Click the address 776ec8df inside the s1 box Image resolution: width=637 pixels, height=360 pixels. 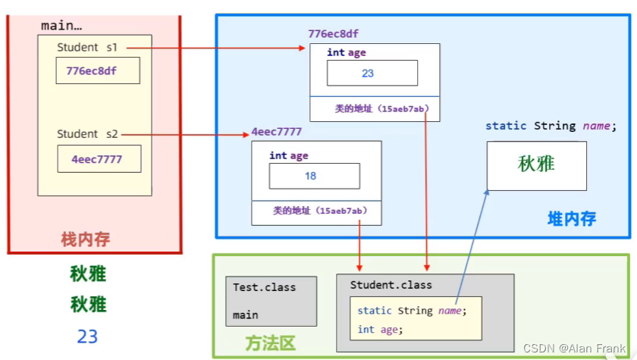click(92, 71)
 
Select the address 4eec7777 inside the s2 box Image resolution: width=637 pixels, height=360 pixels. click(96, 159)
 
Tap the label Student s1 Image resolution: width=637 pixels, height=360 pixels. click(87, 47)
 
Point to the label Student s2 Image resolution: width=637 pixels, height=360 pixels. click(87, 134)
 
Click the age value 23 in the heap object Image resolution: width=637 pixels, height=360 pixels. click(368, 74)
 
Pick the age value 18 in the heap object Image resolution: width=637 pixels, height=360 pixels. click(310, 176)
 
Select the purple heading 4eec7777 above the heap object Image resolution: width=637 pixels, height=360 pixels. click(277, 132)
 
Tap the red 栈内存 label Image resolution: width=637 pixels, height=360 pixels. click(86, 239)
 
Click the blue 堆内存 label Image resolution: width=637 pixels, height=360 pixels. click(572, 219)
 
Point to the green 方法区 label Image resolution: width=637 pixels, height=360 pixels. click(270, 343)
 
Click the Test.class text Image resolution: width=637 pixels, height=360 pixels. click(265, 288)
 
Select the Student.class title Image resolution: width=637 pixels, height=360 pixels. click(391, 285)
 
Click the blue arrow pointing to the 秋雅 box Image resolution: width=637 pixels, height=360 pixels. click(473, 243)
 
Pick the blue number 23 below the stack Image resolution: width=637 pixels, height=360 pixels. click(87, 336)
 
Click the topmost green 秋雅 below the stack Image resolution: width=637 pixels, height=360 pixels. click(88, 274)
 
